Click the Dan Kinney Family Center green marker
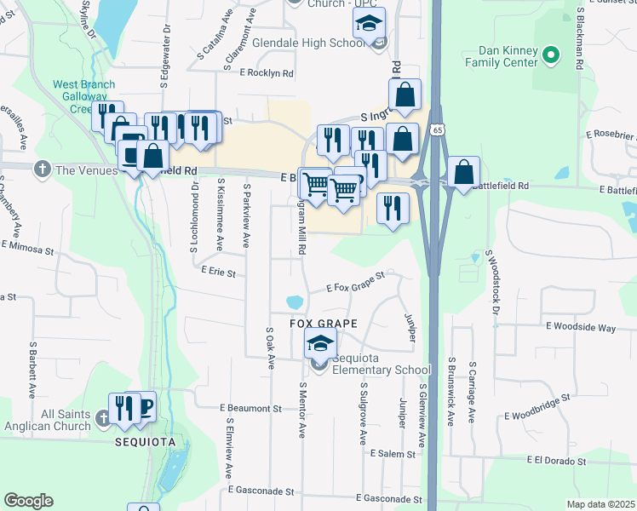[551, 57]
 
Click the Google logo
[28, 501]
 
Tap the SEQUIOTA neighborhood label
[146, 443]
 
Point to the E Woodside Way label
[581, 326]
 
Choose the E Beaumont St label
[244, 409]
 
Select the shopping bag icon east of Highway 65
[462, 172]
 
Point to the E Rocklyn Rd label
[267, 73]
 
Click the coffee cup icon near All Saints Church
[142, 406]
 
